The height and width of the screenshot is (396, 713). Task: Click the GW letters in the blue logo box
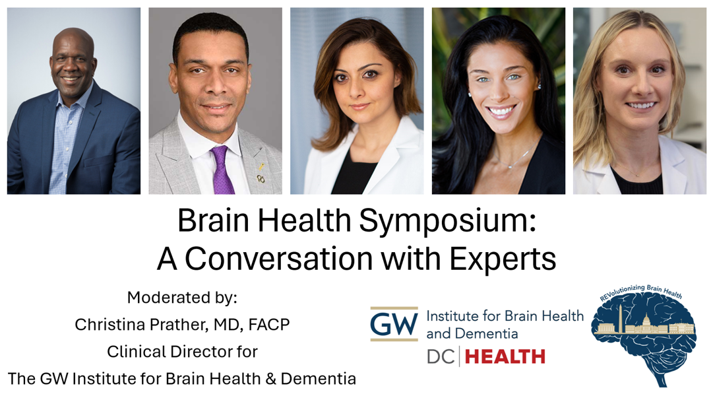394,324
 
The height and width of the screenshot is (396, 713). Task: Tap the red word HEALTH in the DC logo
505,357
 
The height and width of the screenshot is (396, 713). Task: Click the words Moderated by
181,298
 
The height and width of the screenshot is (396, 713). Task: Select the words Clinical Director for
181,352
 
